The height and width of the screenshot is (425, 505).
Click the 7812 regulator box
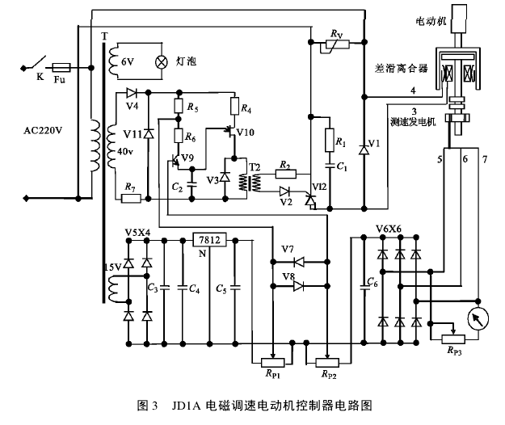pyautogui.click(x=210, y=239)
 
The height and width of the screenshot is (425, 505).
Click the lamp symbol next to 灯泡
pyautogui.click(x=160, y=61)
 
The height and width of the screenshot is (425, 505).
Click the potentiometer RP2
pyautogui.click(x=326, y=361)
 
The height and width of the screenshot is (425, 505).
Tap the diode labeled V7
pyautogui.click(x=298, y=262)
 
